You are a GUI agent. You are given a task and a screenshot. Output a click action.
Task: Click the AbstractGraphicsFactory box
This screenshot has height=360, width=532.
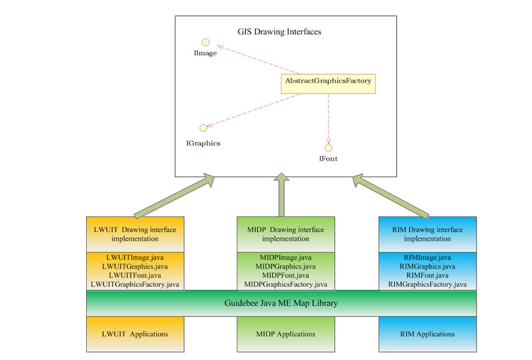(x=328, y=81)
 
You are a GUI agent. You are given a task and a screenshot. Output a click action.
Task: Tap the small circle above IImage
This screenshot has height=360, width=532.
(x=205, y=42)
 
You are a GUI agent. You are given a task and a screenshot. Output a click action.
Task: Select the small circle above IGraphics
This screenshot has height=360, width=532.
(x=203, y=128)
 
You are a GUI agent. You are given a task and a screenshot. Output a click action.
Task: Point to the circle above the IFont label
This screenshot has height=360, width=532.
(x=328, y=147)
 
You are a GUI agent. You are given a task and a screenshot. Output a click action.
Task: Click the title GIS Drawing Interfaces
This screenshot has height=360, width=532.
(x=279, y=31)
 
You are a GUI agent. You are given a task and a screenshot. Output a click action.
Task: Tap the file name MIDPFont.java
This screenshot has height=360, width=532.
(x=285, y=275)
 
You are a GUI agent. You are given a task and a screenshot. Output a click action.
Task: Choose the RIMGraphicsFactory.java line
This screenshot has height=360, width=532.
(x=427, y=284)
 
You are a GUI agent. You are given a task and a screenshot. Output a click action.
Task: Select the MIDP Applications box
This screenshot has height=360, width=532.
(x=285, y=334)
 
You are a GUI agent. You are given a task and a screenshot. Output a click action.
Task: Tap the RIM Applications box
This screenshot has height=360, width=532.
(x=427, y=334)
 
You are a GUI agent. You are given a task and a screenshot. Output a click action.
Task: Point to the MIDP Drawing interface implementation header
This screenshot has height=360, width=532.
(x=285, y=234)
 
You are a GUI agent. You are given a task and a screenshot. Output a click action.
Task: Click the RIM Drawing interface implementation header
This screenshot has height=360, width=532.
(x=427, y=234)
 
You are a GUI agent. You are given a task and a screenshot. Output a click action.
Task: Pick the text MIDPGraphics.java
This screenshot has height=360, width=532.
(x=285, y=266)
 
